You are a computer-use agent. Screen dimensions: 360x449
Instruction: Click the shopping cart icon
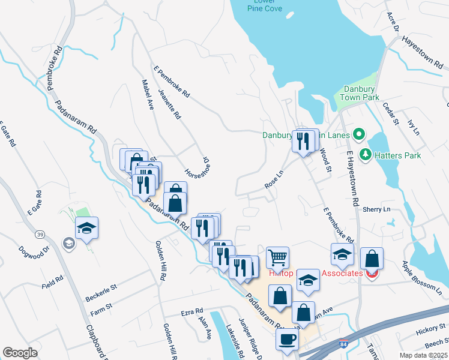point(277,258)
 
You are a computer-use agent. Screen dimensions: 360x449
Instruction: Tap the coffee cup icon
point(287,339)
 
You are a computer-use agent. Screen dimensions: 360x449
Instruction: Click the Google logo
point(20,353)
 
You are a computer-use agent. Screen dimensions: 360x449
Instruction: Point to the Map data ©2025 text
point(424,355)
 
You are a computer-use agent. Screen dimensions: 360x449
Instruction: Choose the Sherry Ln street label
point(376,209)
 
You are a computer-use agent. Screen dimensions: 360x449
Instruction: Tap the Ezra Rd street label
point(193,313)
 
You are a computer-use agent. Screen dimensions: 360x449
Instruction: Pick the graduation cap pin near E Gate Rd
point(87,228)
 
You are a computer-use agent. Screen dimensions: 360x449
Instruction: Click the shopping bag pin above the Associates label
point(372,259)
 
